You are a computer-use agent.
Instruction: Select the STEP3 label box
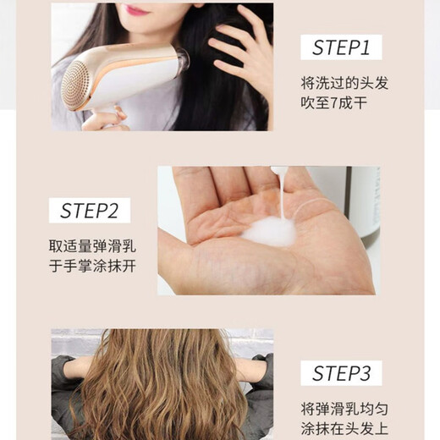tap(341, 373)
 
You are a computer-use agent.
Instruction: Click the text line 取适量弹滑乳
tap(92, 247)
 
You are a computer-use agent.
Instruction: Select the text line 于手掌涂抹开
tap(92, 267)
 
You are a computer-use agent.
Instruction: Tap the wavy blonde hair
tap(161, 389)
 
